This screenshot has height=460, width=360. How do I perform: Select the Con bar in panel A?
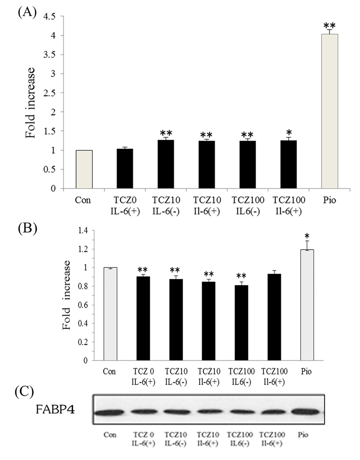(x=84, y=169)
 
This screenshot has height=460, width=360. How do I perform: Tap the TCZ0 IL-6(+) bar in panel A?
(x=125, y=168)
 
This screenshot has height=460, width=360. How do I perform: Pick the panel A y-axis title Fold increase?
(x=30, y=103)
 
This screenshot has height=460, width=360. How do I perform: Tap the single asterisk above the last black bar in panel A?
(x=289, y=132)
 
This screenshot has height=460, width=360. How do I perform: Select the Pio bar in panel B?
(x=307, y=305)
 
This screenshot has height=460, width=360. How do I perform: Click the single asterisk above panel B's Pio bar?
(x=307, y=236)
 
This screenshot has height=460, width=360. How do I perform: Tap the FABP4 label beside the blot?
(x=55, y=409)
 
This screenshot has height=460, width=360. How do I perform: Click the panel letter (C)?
(x=24, y=392)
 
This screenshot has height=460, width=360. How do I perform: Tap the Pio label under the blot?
(x=303, y=435)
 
